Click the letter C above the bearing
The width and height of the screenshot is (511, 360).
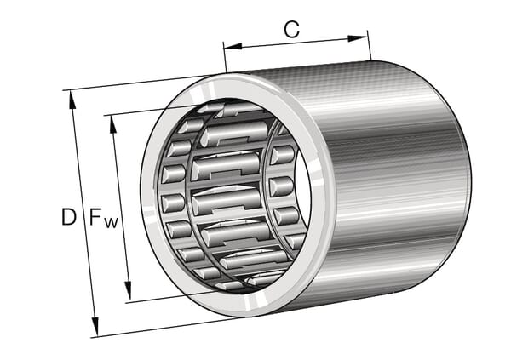(x=291, y=30)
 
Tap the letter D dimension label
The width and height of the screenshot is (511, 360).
(x=69, y=218)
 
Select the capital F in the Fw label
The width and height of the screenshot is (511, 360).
(x=95, y=218)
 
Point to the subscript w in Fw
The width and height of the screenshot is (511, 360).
(x=111, y=223)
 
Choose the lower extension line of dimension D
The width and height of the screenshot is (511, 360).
(x=153, y=327)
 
